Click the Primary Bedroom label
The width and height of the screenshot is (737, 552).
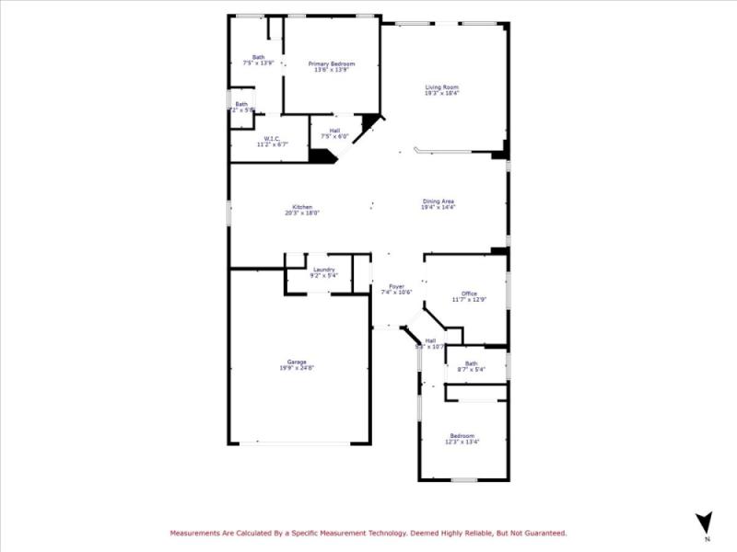pos(332,63)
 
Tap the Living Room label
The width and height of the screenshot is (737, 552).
pos(441,87)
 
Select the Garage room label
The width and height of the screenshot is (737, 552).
pos(297,362)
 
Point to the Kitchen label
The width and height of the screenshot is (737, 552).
pos(302,207)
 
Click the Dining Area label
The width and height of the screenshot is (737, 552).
pos(439,201)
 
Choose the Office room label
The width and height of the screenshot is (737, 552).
pos(470,293)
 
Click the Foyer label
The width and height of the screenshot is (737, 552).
pos(396,286)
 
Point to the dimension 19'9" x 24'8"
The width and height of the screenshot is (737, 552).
pos(297,368)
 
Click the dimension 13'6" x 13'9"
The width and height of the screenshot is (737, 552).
pos(332,70)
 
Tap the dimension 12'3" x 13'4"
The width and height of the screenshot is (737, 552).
pos(462,442)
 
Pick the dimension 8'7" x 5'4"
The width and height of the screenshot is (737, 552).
pos(472,370)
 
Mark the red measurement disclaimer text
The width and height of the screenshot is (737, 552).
pos(368,533)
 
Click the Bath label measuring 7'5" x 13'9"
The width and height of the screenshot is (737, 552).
pos(258,57)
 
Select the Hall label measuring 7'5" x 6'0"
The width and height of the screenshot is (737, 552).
pos(333,131)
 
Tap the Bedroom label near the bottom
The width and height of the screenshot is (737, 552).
pos(462,435)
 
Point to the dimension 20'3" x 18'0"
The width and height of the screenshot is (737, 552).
pos(302,213)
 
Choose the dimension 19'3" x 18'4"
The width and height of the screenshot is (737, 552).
pos(441,94)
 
